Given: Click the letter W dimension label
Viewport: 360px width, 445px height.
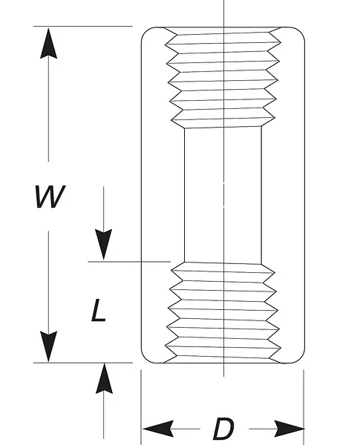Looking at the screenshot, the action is [50, 197].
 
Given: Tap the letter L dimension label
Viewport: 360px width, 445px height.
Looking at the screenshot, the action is [98, 310].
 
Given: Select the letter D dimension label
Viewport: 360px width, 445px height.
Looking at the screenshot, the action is [223, 428].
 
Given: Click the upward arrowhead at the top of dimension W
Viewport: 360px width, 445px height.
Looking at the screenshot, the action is [48, 43].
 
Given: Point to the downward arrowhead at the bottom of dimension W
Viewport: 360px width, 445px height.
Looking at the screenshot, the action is [48, 346].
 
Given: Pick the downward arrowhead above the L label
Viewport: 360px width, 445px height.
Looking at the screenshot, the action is [103, 244].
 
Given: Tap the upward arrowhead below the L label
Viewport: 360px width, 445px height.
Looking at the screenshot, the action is [104, 378].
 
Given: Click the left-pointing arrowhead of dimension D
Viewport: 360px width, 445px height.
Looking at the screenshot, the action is [158, 429].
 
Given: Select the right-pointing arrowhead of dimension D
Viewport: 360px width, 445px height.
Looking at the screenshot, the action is [289, 429].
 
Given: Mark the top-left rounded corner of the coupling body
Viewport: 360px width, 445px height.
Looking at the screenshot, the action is [146, 32].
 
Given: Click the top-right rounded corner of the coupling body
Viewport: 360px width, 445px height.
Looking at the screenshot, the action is [300, 32].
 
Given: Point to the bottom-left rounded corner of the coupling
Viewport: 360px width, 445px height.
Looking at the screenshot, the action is [146, 358].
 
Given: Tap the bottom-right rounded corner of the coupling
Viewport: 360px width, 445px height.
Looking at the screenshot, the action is [300, 358].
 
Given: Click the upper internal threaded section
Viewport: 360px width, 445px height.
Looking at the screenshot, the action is [223, 77].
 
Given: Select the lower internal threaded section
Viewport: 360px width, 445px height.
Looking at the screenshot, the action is [223, 312].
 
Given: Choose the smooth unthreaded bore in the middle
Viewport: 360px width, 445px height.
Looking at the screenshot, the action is [223, 195].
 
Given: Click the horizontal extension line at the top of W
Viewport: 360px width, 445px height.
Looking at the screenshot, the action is [83, 26].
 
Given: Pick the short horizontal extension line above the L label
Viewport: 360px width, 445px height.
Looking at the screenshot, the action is [129, 261].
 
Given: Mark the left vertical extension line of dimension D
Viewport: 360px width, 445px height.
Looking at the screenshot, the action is [141, 407].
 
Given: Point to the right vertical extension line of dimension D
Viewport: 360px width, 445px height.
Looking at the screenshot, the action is [304, 407].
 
